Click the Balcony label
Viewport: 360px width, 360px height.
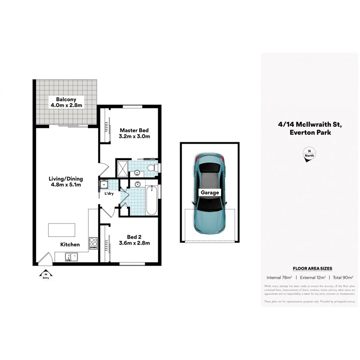[66, 99]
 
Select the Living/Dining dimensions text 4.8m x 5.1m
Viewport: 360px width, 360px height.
[66, 185]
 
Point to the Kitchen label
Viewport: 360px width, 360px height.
[70, 244]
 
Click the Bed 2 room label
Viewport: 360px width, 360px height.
[134, 236]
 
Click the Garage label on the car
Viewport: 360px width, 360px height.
[210, 192]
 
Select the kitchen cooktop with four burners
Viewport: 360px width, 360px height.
[93, 243]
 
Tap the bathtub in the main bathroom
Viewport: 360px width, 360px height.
[152, 200]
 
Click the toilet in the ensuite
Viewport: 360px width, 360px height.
[152, 168]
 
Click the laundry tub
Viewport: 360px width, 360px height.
[104, 184]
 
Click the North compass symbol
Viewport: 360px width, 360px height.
[309, 155]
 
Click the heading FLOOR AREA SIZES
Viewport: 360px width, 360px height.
[312, 268]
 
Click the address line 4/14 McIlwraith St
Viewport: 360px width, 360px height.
[310, 124]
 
